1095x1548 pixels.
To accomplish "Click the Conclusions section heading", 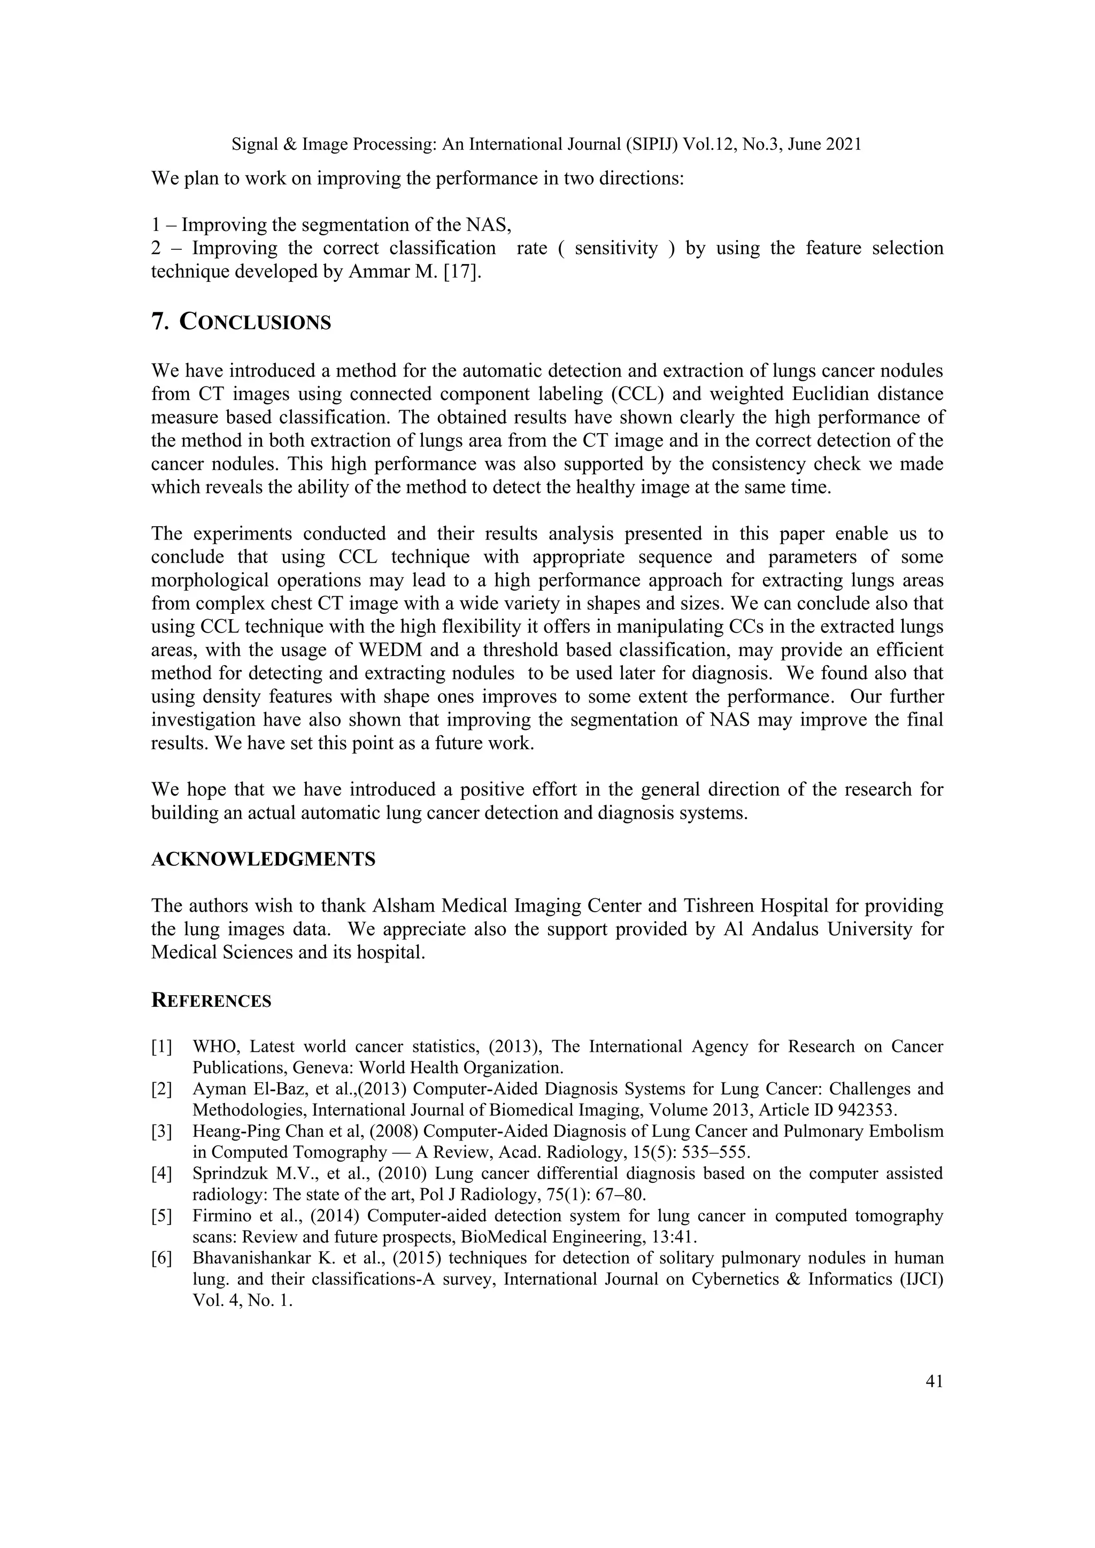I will click(241, 322).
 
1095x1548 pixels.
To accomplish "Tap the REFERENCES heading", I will click(211, 1000).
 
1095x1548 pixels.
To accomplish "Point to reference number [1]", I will click(162, 1046).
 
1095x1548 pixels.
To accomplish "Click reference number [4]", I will click(162, 1173).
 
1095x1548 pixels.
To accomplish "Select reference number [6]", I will click(162, 1258).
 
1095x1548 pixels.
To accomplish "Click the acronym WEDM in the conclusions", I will click(372, 650).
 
